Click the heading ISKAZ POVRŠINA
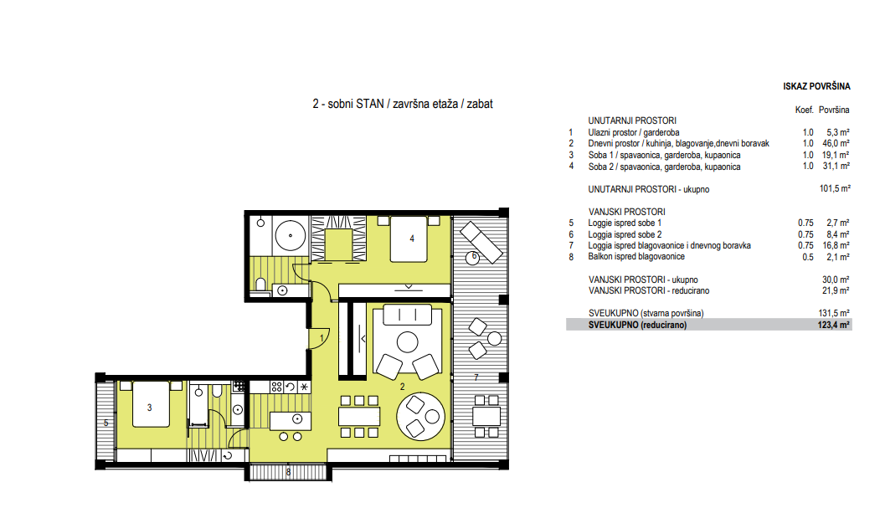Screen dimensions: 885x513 click(x=816, y=86)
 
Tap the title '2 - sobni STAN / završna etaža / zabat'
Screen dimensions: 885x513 click(x=403, y=104)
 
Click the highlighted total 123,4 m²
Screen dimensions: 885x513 click(x=834, y=325)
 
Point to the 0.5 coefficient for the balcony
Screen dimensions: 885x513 click(x=808, y=257)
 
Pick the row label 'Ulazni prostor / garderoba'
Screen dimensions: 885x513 click(x=634, y=132)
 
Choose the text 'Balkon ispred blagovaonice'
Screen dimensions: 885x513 click(x=636, y=256)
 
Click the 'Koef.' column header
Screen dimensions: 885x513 click(x=805, y=110)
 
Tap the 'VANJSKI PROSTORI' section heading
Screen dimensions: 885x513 click(x=626, y=212)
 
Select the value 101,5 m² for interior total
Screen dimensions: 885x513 click(x=835, y=188)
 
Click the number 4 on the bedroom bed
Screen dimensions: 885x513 click(x=412, y=239)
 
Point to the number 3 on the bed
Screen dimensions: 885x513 click(x=150, y=408)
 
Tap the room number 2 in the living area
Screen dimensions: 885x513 click(x=403, y=387)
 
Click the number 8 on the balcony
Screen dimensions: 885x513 click(x=288, y=472)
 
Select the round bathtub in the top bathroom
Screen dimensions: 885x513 click(x=290, y=235)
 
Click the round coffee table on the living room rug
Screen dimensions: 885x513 click(x=408, y=342)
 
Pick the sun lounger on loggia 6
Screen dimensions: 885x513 click(x=481, y=242)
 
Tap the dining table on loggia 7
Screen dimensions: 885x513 click(x=486, y=417)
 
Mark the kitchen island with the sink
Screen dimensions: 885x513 click(x=290, y=420)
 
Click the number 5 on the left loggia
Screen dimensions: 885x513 click(x=105, y=423)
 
